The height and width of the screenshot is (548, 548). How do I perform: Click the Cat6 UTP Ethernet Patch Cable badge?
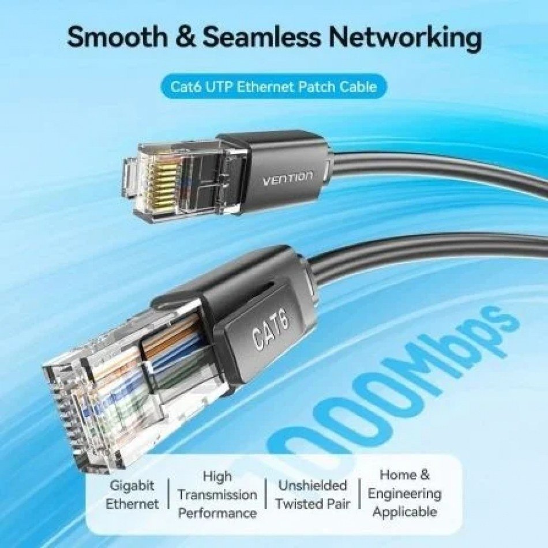[273, 86]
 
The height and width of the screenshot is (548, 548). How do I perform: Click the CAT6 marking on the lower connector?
[272, 329]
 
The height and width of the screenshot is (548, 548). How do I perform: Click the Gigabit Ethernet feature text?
[132, 494]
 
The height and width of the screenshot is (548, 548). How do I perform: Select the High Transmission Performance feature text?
[217, 494]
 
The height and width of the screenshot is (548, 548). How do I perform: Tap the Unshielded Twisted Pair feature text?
[313, 494]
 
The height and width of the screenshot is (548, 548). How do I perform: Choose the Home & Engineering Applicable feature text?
[405, 493]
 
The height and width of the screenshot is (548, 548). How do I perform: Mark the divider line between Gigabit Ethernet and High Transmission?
[168, 493]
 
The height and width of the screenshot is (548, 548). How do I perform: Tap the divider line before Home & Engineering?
[359, 493]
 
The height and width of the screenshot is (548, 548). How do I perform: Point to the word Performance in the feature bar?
[217, 513]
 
